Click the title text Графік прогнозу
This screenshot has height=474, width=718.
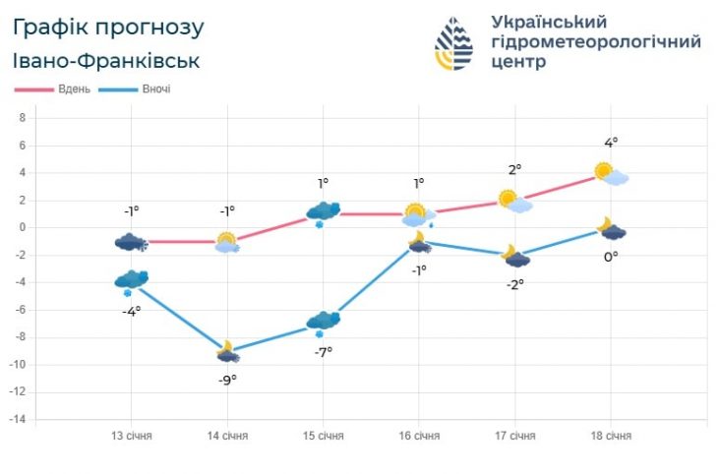click(x=110, y=27)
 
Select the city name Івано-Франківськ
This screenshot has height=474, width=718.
click(x=107, y=61)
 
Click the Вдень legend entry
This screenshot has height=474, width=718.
click(x=55, y=89)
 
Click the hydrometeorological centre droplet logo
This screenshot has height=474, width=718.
click(x=454, y=44)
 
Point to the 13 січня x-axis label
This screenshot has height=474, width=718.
click(x=131, y=436)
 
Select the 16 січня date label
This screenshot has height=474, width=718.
click(x=419, y=436)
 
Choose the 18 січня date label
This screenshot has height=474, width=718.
click(x=611, y=436)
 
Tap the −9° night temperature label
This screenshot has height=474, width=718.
click(x=227, y=380)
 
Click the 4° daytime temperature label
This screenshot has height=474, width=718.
click(x=611, y=143)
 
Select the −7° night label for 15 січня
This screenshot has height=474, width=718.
click(x=323, y=352)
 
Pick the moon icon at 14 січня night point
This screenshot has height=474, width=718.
click(x=227, y=351)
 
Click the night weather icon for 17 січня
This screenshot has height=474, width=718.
click(x=515, y=256)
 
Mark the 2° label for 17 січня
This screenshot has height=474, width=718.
click(x=514, y=170)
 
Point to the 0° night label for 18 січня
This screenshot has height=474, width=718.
click(x=611, y=257)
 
